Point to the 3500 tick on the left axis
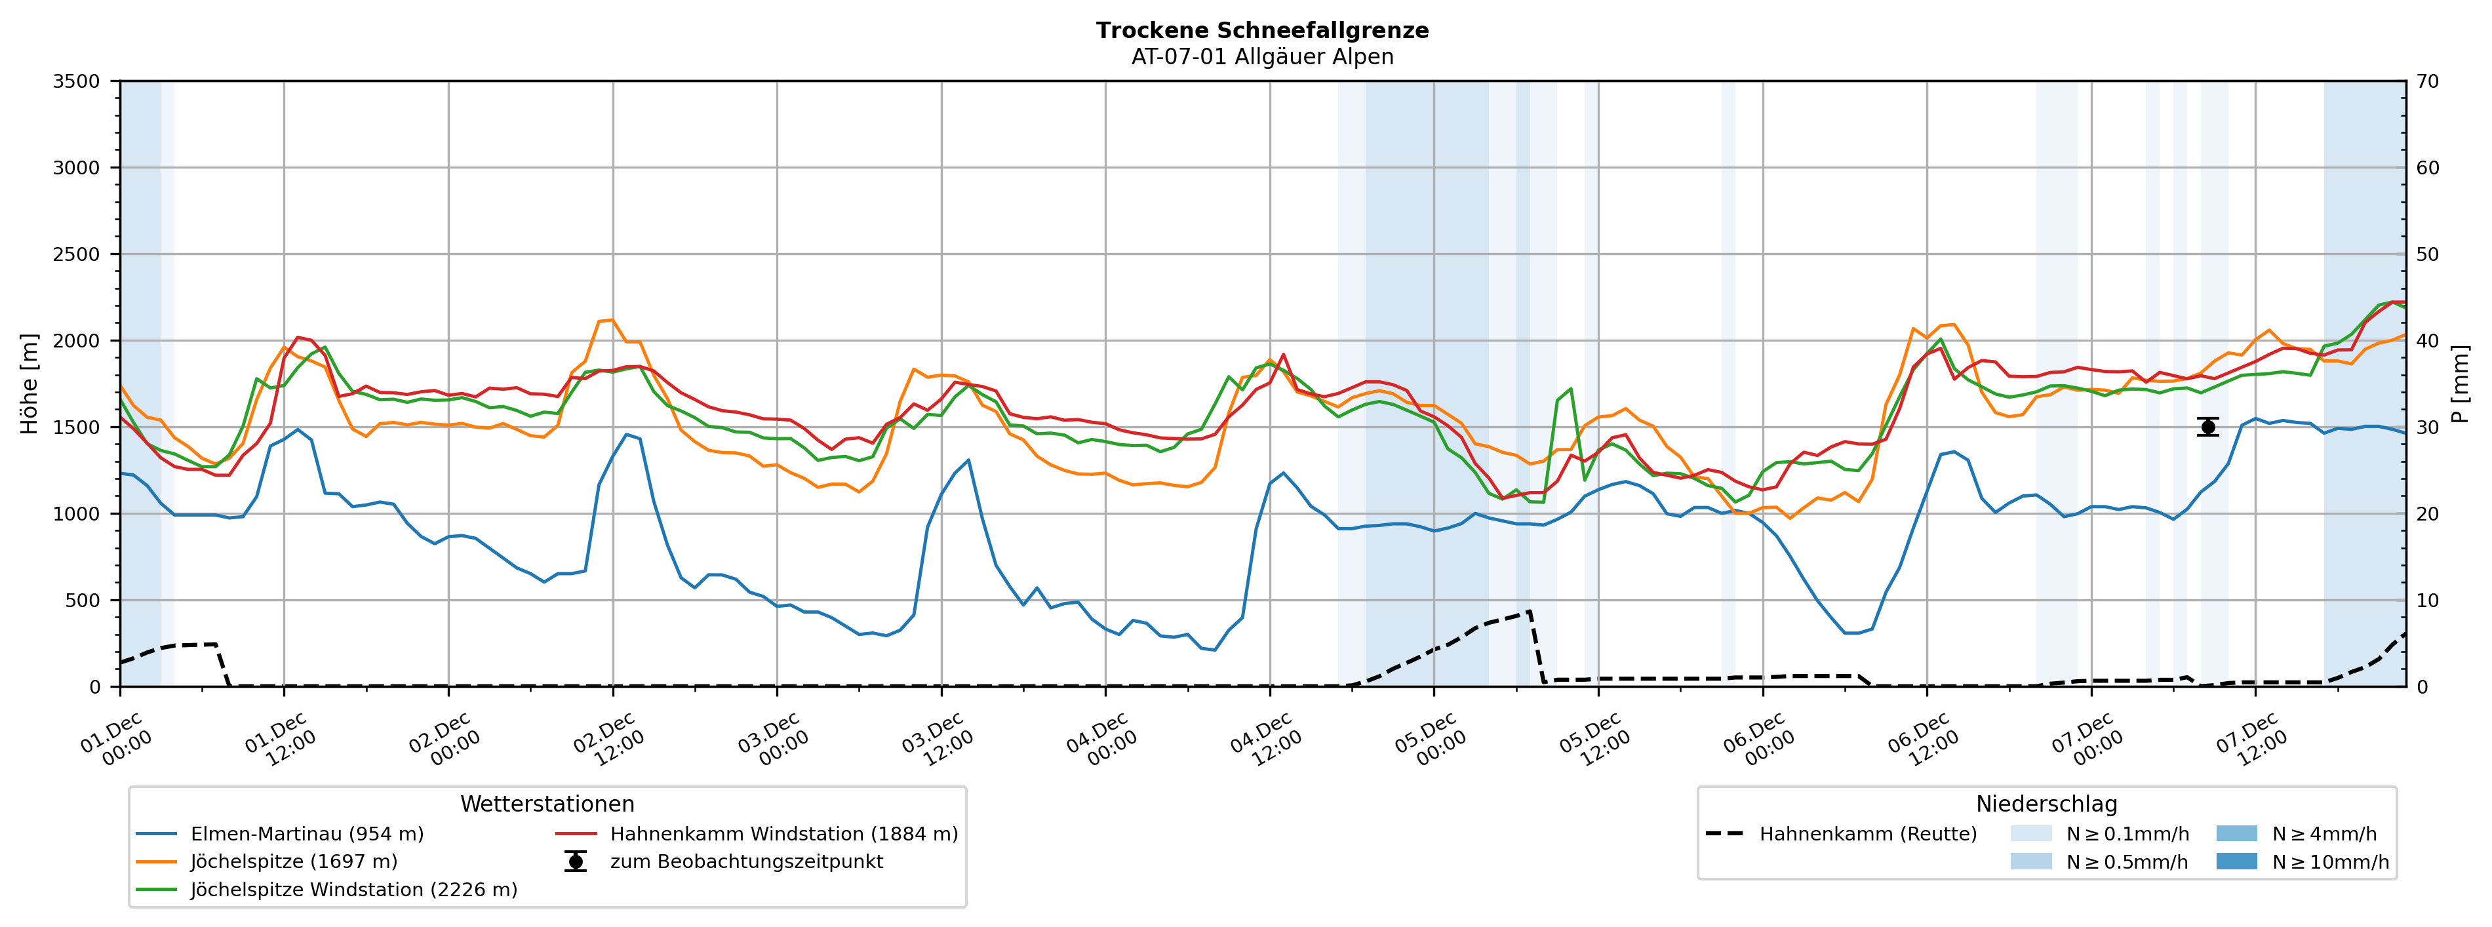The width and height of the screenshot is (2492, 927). [x=77, y=81]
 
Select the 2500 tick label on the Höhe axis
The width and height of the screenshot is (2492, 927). [x=77, y=254]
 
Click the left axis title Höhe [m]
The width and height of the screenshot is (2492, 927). [x=29, y=384]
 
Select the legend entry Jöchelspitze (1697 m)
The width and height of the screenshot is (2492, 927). [x=293, y=861]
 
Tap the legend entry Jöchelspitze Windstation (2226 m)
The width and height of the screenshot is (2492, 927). [x=353, y=889]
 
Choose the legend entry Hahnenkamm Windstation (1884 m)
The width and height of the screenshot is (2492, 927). [x=783, y=834]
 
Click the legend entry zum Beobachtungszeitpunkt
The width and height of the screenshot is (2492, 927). [x=746, y=861]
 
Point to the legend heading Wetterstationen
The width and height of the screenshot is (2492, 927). [x=547, y=804]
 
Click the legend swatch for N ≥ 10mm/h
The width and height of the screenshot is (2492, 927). [x=2236, y=861]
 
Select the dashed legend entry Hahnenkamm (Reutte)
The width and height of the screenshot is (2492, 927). [x=1867, y=834]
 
